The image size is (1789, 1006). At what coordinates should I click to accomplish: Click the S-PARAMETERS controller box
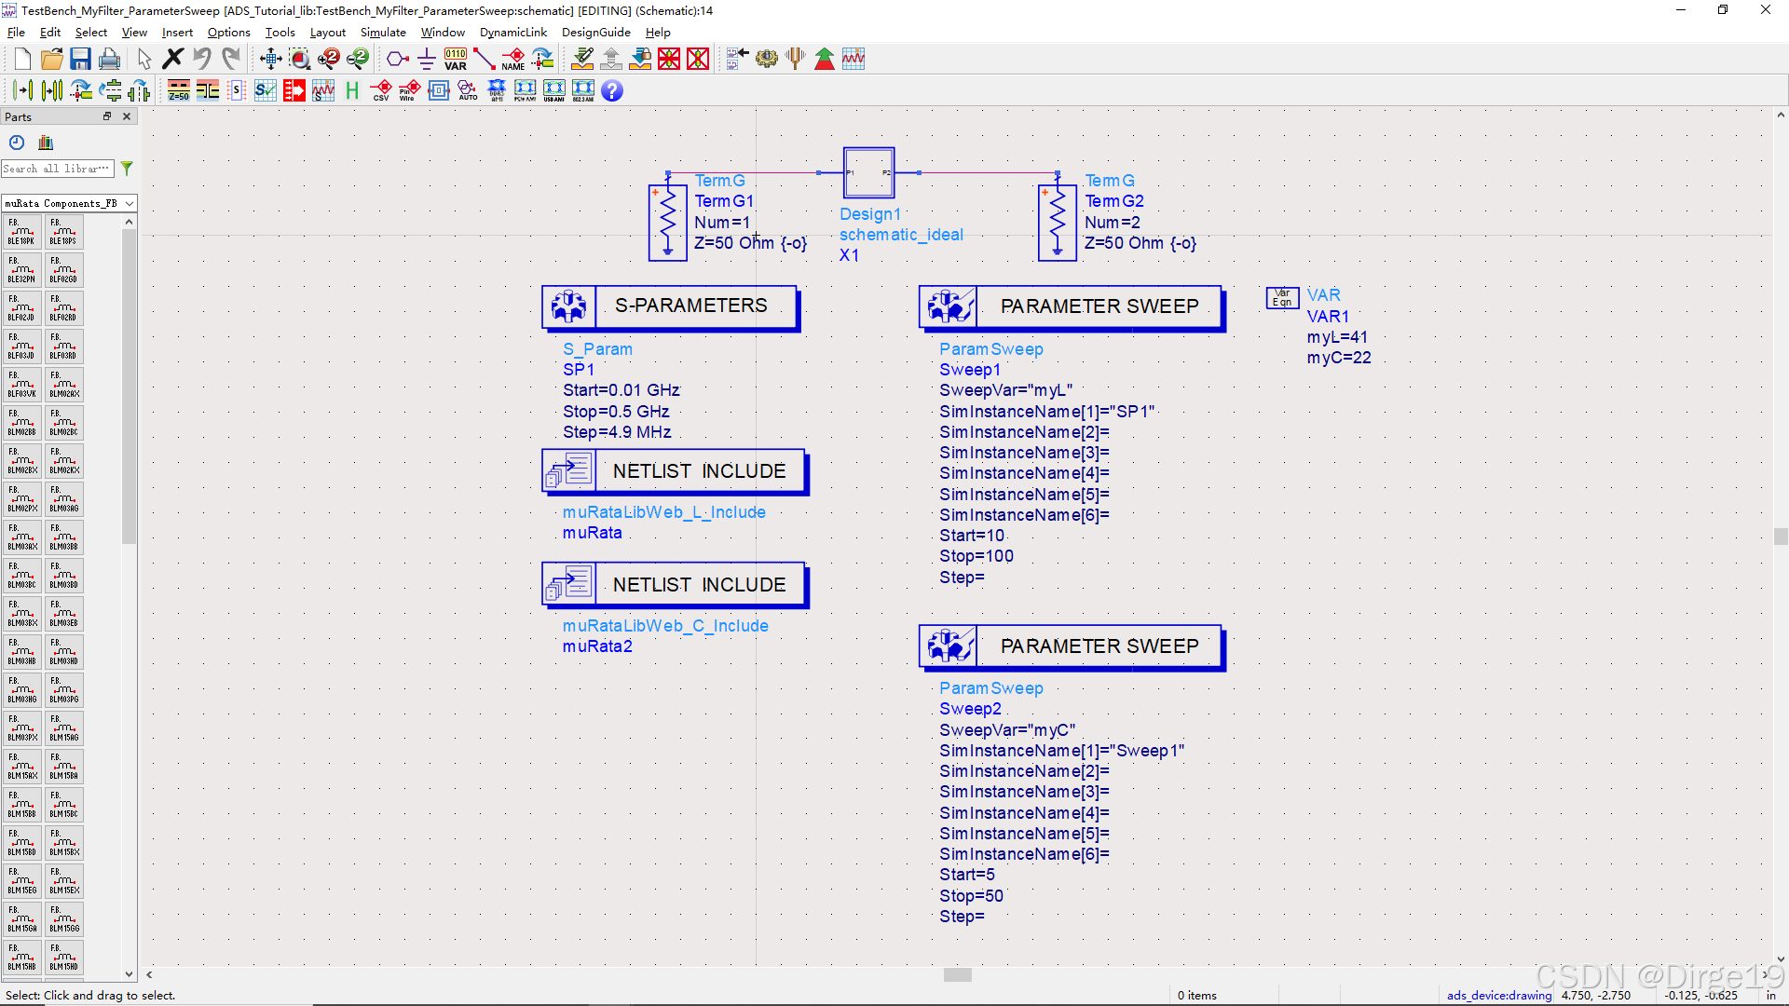(670, 306)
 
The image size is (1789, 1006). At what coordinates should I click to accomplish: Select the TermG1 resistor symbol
(667, 222)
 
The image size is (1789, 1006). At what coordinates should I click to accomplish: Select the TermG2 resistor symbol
(1057, 222)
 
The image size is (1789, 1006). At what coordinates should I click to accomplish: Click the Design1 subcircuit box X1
(868, 172)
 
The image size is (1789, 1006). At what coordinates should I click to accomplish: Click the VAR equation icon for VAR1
(1282, 297)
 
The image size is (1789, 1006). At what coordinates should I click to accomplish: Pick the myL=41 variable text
(1337, 337)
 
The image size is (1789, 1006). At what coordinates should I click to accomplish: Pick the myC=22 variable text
(1338, 358)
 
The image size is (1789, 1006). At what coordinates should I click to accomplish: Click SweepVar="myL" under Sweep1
(1005, 390)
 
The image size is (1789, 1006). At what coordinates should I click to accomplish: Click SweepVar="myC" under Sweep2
(1006, 730)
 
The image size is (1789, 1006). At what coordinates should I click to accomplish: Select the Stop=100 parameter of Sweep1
(976, 556)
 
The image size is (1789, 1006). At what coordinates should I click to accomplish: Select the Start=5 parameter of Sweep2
(966, 875)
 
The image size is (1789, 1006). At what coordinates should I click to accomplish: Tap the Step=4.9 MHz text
(616, 432)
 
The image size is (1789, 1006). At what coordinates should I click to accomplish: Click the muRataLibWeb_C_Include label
(664, 626)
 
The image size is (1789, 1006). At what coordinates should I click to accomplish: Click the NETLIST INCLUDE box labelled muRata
(674, 471)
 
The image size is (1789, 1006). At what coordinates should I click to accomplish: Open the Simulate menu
(383, 32)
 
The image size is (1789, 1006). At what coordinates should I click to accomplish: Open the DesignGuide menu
(595, 32)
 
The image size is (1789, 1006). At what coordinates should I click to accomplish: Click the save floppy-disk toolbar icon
(80, 60)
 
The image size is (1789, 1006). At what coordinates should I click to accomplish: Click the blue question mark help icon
(611, 90)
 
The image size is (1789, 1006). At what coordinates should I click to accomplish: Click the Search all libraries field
(56, 169)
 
